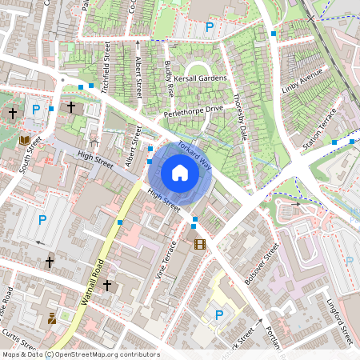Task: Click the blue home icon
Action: click(180, 173)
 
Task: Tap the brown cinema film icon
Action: click(199, 243)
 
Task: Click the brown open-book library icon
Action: click(25, 140)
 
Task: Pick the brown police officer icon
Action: click(52, 318)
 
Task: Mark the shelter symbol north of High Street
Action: click(94, 144)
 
